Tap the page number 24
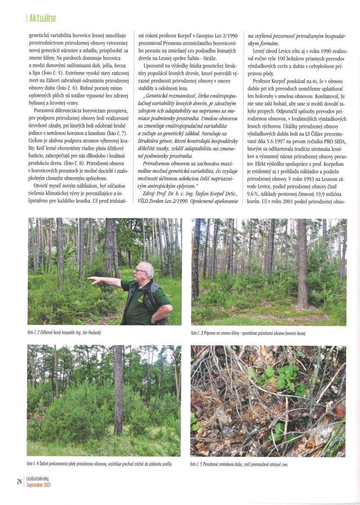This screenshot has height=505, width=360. point(19,481)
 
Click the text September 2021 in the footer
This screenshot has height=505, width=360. point(39,484)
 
